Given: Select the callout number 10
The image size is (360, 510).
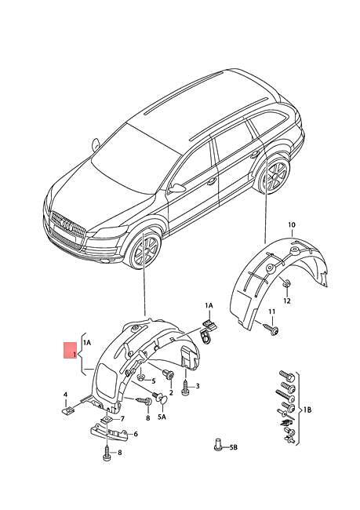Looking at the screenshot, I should (291, 225).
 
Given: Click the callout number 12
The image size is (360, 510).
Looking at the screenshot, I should (287, 301).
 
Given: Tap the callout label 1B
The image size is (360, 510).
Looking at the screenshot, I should (307, 410).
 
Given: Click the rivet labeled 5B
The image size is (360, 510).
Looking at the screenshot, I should (217, 446).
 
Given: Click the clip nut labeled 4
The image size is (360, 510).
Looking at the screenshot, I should (67, 409).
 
